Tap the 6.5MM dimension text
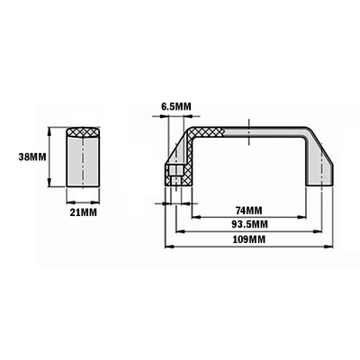click(176, 107)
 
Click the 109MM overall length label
click(247, 240)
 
